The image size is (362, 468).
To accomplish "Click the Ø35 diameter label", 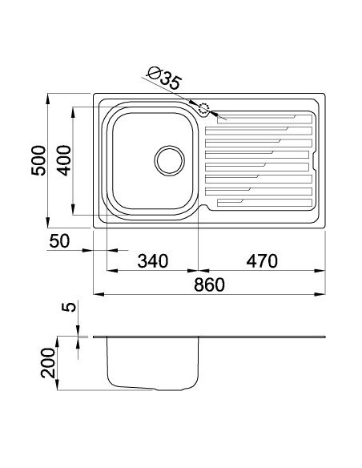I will click(x=165, y=79).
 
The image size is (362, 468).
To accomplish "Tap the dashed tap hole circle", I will click(x=203, y=111).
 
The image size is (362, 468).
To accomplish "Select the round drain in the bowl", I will click(x=169, y=159).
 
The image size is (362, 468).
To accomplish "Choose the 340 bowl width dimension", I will click(x=151, y=260).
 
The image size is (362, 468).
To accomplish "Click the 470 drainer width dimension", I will click(x=261, y=260).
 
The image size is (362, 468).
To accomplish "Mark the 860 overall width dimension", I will click(x=207, y=284).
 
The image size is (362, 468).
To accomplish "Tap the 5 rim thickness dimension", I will click(x=70, y=309).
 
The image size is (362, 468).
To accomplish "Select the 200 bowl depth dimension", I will click(x=49, y=364).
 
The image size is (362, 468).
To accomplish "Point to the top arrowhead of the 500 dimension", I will click(x=50, y=97).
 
